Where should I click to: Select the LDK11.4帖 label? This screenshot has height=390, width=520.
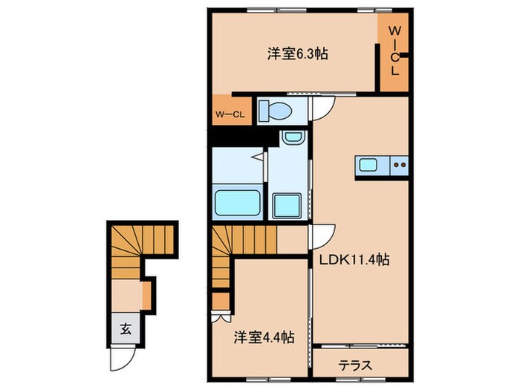(x=355, y=260)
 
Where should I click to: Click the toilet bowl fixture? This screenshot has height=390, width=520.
(x=274, y=111)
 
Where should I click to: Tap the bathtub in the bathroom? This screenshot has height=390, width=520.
(x=237, y=202)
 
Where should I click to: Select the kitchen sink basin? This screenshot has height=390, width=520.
(x=368, y=165)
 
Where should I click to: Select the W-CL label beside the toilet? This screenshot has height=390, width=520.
(x=230, y=114)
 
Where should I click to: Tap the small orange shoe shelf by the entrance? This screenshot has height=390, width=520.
(x=147, y=293)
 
